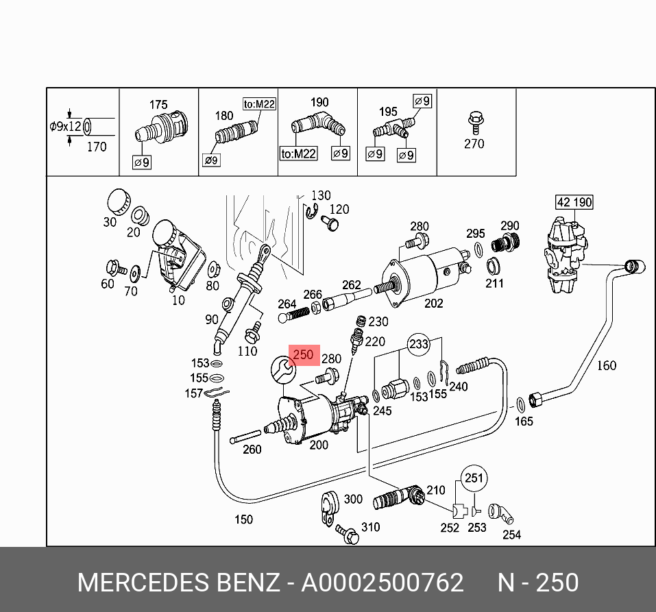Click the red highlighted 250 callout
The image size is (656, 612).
(x=303, y=355)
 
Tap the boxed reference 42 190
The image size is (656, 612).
(x=574, y=202)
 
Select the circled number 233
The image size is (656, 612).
(x=420, y=345)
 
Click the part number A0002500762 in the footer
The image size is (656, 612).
(x=382, y=583)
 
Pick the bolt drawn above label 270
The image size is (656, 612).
(x=474, y=121)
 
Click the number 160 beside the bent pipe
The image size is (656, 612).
(x=606, y=365)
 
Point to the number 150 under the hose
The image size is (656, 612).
(x=243, y=519)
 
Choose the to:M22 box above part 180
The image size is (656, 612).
(x=259, y=104)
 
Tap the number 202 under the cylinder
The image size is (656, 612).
(x=434, y=302)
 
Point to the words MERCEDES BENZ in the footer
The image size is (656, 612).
(x=179, y=583)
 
